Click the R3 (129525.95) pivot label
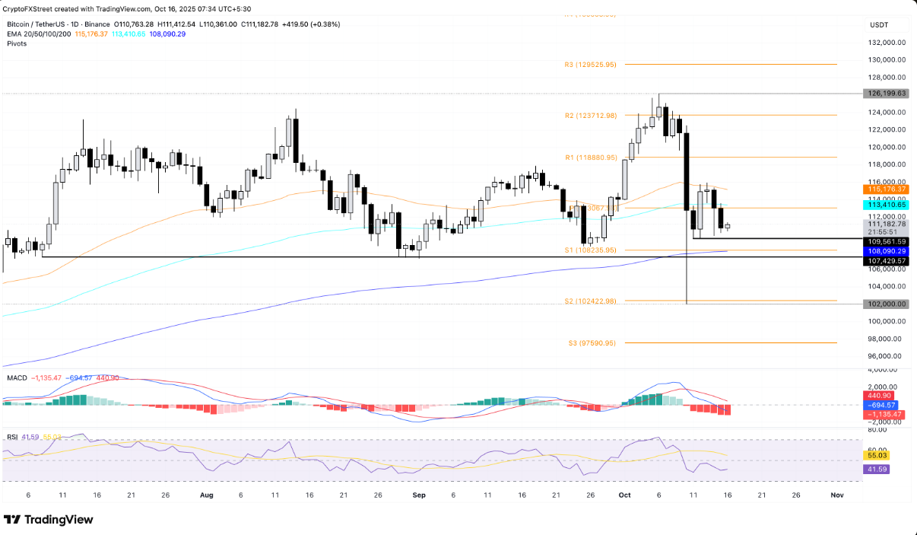(595, 65)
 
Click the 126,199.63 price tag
(886, 94)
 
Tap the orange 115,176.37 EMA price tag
(886, 189)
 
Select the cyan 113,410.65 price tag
(886, 205)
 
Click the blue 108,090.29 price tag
(886, 250)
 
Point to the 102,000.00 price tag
(886, 304)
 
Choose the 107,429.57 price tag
(886, 261)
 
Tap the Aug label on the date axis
(206, 494)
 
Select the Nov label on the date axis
(836, 494)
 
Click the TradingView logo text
(59, 520)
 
